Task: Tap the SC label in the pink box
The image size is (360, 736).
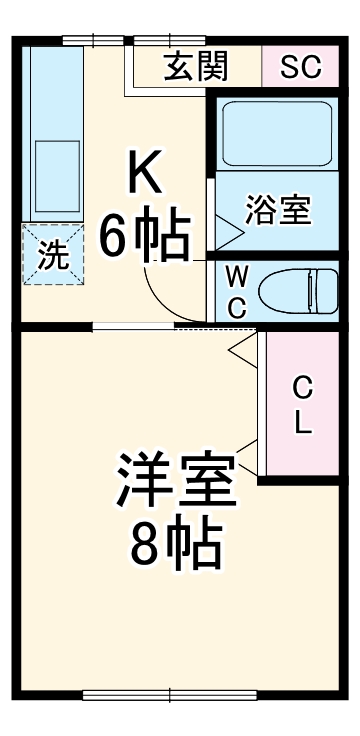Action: [x=300, y=67]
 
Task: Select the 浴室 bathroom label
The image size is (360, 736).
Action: [x=278, y=210]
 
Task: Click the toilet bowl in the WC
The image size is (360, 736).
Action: [x=297, y=291]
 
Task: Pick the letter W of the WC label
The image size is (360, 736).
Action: [x=237, y=274]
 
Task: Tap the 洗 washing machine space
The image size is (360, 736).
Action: [x=53, y=255]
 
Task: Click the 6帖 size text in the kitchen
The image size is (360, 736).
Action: [x=145, y=237]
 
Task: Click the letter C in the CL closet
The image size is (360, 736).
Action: [x=302, y=387]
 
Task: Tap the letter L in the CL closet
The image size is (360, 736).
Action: [x=302, y=423]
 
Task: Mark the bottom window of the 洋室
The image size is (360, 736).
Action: [x=168, y=695]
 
